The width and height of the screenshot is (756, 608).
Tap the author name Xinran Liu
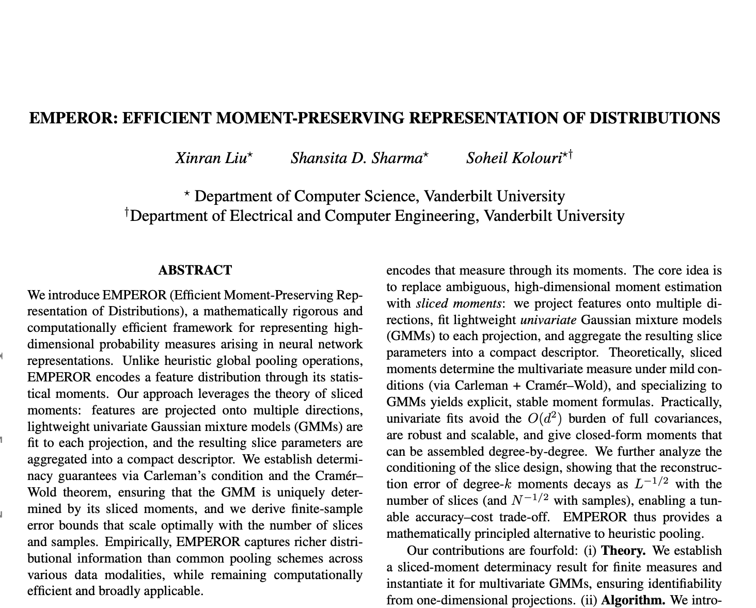pyautogui.click(x=212, y=157)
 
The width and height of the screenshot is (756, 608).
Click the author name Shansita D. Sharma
pyautogui.click(x=357, y=157)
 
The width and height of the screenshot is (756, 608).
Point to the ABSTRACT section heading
pyautogui.click(x=195, y=270)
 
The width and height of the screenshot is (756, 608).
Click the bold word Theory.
pyautogui.click(x=623, y=551)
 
